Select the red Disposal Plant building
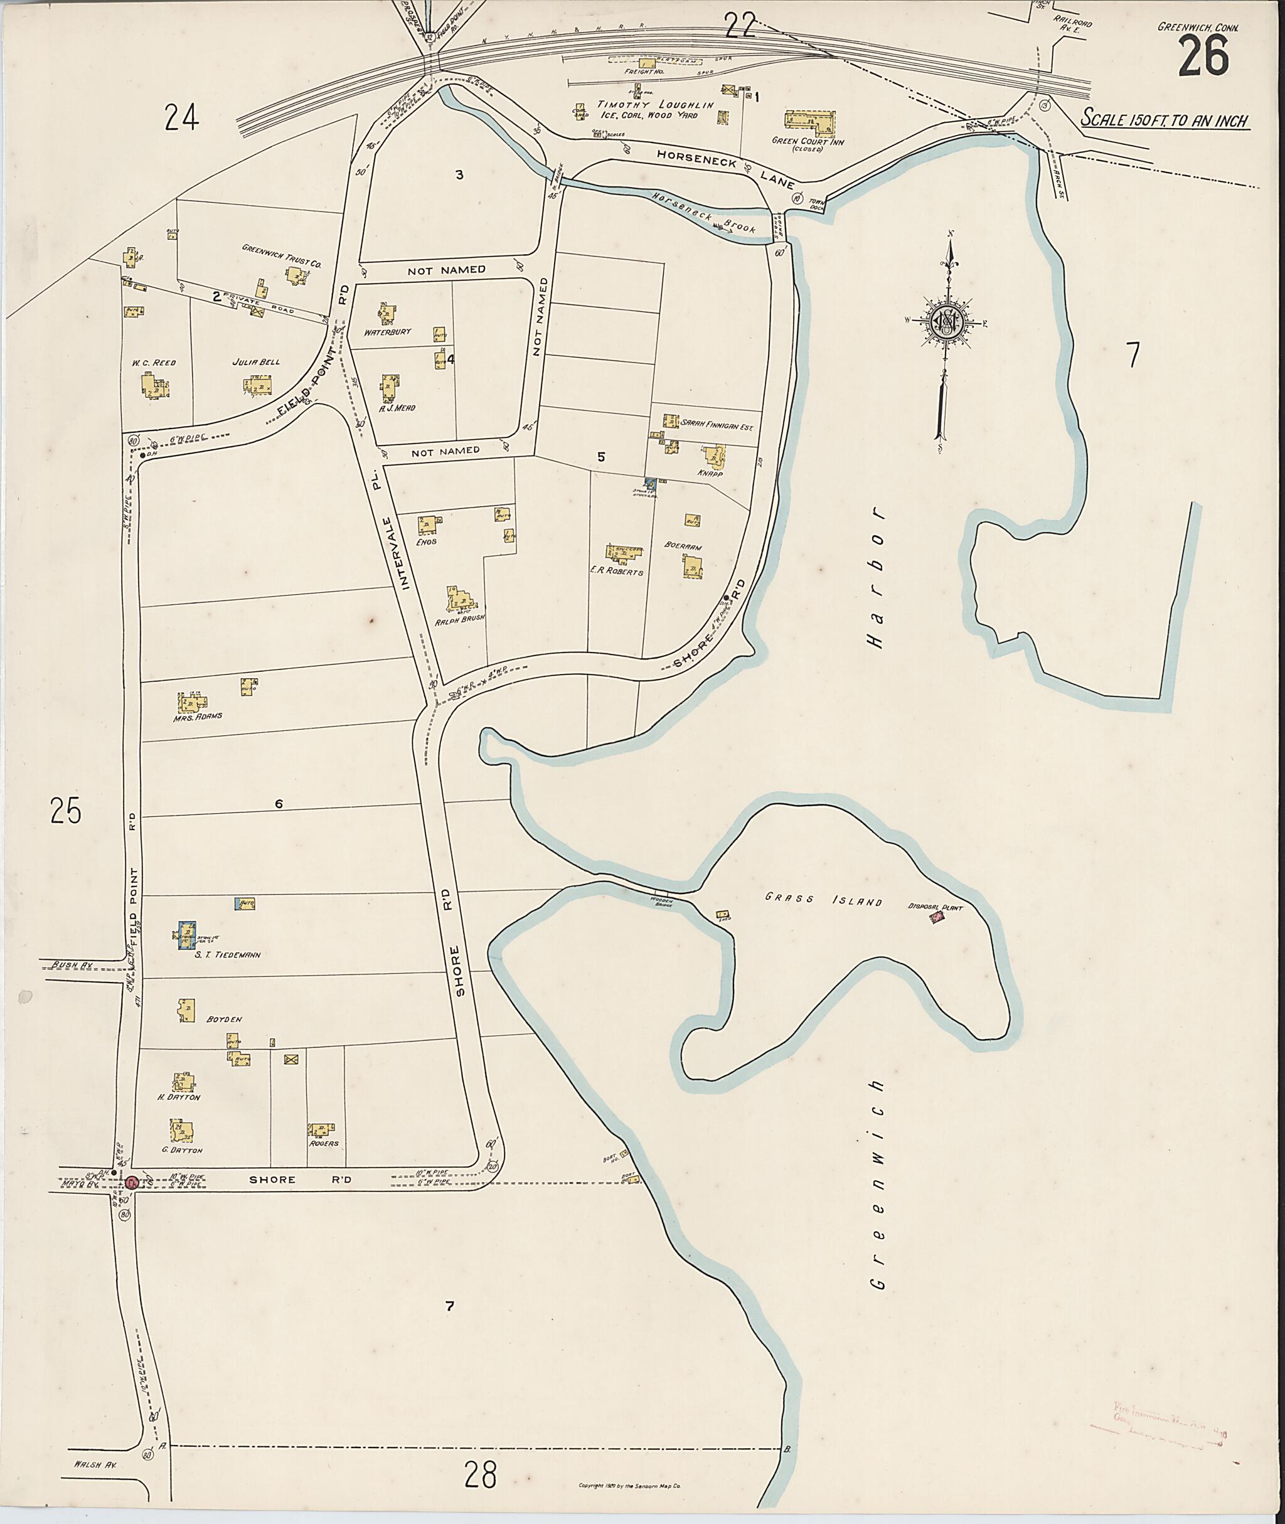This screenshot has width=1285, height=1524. (937, 919)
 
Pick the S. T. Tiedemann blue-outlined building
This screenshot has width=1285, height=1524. (186, 934)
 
